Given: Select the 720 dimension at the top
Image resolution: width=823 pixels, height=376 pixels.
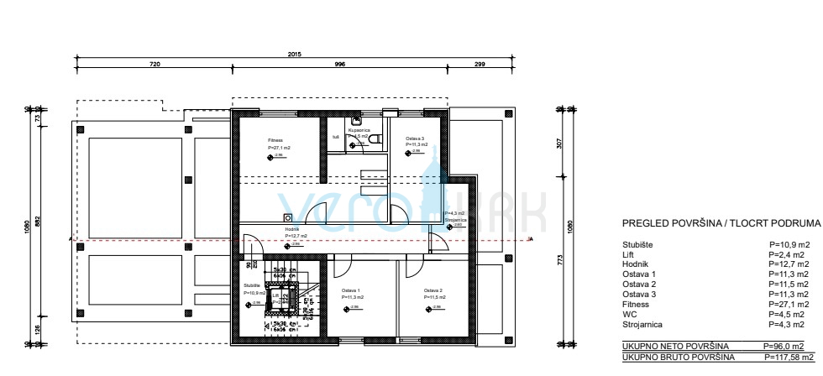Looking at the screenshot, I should click(155, 64).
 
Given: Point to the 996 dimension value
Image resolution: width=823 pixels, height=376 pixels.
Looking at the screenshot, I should click(340, 64).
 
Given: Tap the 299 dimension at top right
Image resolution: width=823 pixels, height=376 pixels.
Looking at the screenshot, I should click(480, 64).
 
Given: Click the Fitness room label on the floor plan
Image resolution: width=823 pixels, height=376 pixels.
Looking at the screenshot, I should click(276, 140).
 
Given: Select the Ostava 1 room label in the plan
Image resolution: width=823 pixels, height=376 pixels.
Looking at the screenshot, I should click(351, 291).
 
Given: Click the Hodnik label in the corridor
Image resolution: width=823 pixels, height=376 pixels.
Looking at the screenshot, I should click(292, 230).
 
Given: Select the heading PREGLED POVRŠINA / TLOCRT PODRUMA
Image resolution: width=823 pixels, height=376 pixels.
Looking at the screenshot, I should click(720, 226).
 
